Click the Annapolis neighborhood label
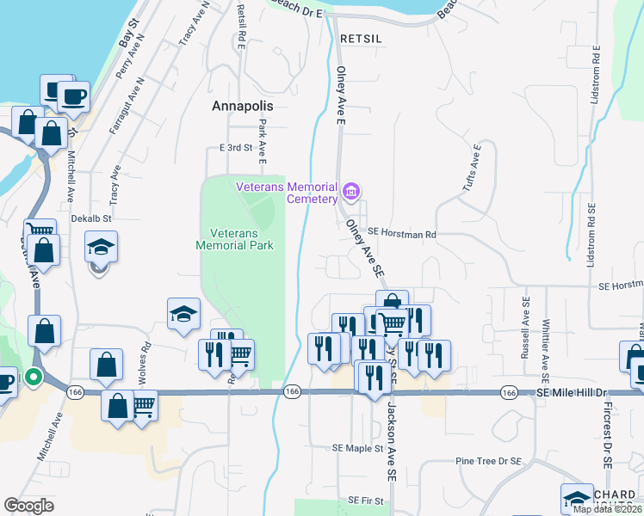(242, 106)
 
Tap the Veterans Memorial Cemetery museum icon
(350, 190)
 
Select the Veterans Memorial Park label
(241, 239)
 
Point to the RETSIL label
(360, 39)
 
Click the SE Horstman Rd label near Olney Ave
(402, 233)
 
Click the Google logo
(28, 506)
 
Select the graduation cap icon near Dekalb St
(101, 248)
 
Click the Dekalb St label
(92, 218)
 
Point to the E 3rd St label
(235, 148)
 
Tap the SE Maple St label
(357, 449)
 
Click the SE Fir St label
(365, 500)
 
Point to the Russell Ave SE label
(524, 329)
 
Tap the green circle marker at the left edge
(34, 378)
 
